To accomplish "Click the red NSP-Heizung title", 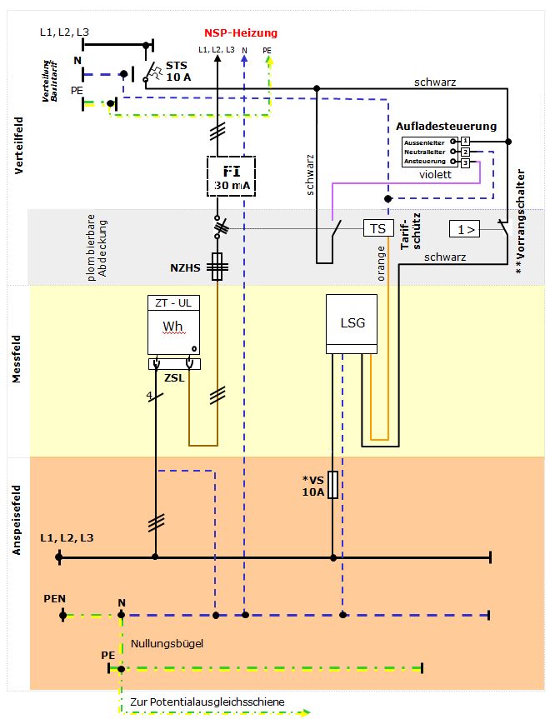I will click(x=241, y=33).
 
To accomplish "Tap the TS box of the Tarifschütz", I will click(x=377, y=228).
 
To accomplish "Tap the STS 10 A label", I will click(x=177, y=71).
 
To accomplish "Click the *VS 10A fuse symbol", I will click(x=332, y=485).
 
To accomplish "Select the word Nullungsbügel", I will click(x=167, y=643).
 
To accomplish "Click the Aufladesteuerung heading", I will click(x=447, y=127).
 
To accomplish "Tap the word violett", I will click(x=435, y=175).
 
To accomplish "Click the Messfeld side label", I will click(x=16, y=367).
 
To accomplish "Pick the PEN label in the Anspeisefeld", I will click(x=55, y=600).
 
